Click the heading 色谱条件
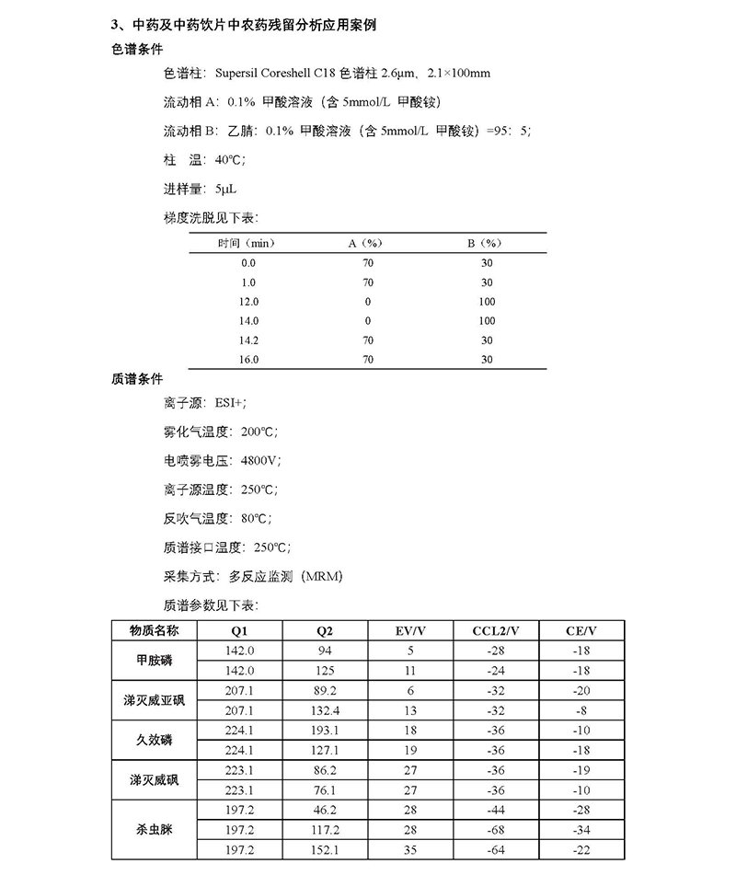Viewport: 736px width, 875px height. [x=137, y=50]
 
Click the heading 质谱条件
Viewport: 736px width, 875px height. [x=137, y=378]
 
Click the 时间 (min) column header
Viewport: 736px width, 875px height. [x=247, y=243]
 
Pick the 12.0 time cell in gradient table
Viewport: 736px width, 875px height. [x=248, y=302]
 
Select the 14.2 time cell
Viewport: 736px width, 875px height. [x=248, y=340]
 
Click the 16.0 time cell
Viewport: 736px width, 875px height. [x=248, y=360]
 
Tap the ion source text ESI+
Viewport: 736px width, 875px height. [x=233, y=403]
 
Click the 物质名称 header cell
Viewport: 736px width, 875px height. [x=155, y=630]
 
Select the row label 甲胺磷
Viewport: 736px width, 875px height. [x=155, y=661]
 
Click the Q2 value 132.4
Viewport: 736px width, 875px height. [x=327, y=710]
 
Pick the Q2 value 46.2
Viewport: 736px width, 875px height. [x=327, y=810]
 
